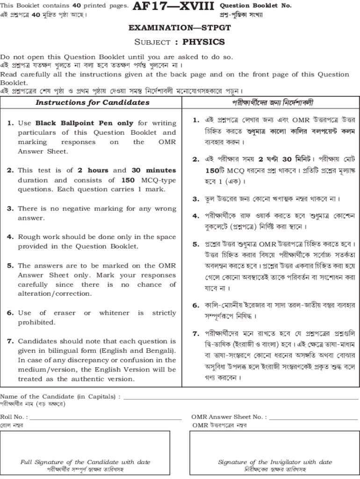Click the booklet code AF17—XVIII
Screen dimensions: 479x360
(x=173, y=7)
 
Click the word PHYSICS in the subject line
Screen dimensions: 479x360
(x=203, y=42)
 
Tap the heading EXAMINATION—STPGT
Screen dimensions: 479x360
(x=180, y=28)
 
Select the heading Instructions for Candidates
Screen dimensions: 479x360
(x=93, y=102)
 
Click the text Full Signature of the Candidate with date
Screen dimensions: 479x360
(x=86, y=462)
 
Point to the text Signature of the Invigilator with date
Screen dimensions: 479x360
(x=275, y=462)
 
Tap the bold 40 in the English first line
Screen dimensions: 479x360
(x=77, y=6)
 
